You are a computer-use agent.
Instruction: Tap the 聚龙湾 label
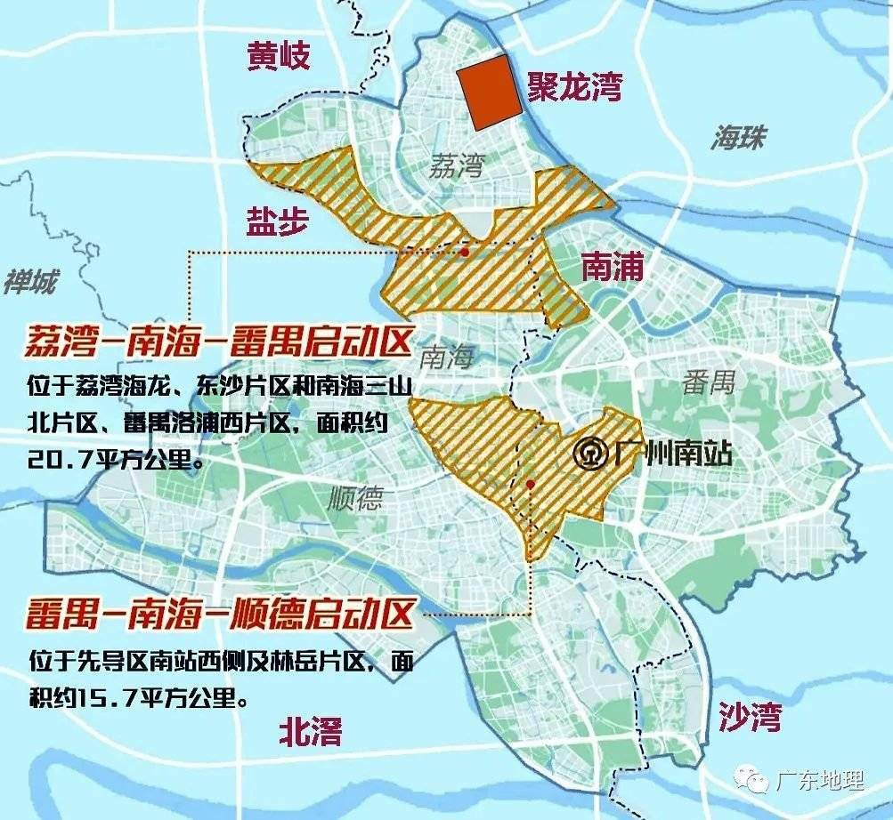573,87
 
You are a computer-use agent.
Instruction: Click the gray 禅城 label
29,282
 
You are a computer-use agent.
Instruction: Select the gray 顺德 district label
354,497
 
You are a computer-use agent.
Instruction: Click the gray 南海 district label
445,358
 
